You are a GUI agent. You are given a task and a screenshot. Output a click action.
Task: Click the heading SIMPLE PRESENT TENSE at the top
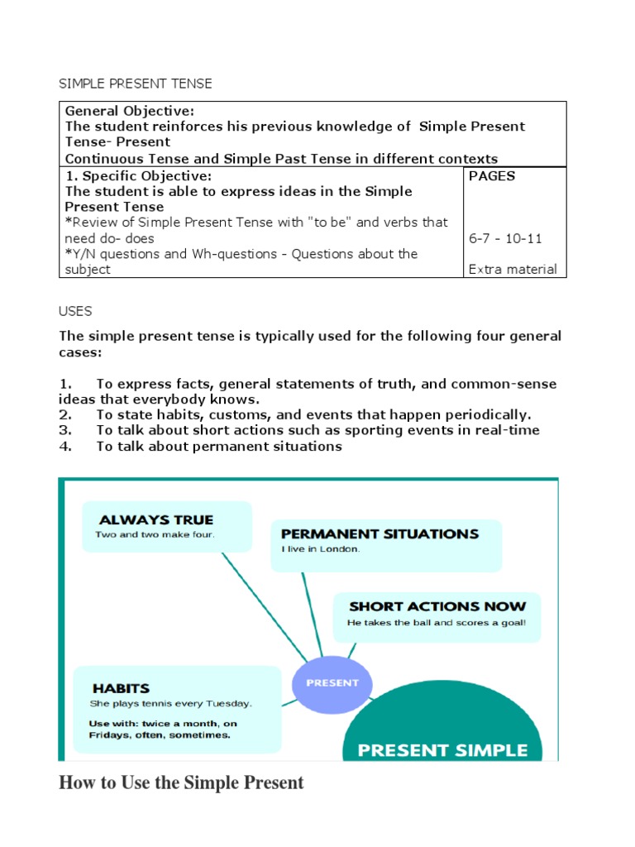pyautogui.click(x=136, y=84)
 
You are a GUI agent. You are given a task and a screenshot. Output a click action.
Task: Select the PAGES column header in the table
pyautogui.click(x=492, y=176)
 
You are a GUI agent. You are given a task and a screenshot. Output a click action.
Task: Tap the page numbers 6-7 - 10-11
pyautogui.click(x=505, y=238)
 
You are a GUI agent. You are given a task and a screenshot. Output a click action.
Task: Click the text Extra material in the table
pyautogui.click(x=513, y=269)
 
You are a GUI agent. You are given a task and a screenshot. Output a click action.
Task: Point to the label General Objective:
pyautogui.click(x=118, y=111)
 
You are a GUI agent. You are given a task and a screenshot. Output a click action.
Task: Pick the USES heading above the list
pyautogui.click(x=75, y=311)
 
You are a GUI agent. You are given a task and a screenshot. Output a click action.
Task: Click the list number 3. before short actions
pyautogui.click(x=65, y=430)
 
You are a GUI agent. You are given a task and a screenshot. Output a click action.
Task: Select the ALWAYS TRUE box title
pyautogui.click(x=156, y=520)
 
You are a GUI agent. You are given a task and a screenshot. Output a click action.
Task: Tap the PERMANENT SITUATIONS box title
pyautogui.click(x=380, y=534)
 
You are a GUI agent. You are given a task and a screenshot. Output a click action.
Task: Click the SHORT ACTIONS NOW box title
pyautogui.click(x=437, y=607)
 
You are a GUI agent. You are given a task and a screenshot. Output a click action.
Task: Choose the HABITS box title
pyautogui.click(x=121, y=688)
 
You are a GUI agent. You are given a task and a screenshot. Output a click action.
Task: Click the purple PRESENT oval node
pyautogui.click(x=332, y=683)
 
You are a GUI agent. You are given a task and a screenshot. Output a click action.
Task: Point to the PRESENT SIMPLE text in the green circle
pyautogui.click(x=442, y=750)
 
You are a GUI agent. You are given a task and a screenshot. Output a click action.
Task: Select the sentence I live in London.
pyautogui.click(x=321, y=549)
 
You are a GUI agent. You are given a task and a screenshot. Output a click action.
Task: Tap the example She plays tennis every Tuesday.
pyautogui.click(x=171, y=704)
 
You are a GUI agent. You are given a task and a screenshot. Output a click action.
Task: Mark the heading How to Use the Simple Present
pyautogui.click(x=181, y=782)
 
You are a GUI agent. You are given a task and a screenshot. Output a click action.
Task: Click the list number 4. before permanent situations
pyautogui.click(x=65, y=447)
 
